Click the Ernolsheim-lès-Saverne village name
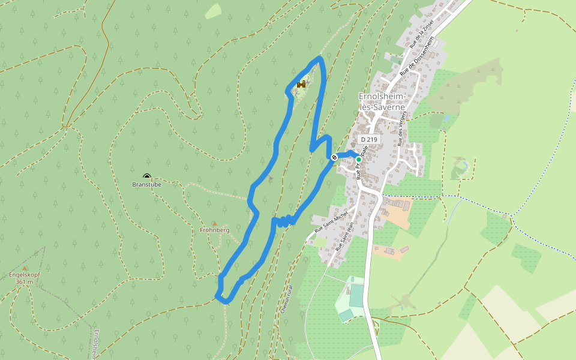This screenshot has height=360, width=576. point(382,101)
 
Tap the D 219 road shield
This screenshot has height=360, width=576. point(369,139)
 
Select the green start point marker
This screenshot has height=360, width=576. point(359,159)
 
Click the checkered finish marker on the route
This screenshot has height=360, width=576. point(334,157)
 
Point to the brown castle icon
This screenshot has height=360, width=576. point(301,85)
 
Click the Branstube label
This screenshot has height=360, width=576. point(146,185)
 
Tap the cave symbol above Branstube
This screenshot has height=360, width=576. point(146,177)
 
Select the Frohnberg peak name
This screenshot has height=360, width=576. point(215,230)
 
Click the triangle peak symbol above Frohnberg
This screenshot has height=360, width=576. point(214,223)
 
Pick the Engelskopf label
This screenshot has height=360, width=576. point(25,275)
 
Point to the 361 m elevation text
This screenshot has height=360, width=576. point(25,281)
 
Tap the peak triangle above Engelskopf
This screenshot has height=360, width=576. point(25,268)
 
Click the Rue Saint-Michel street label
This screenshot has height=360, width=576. point(331,223)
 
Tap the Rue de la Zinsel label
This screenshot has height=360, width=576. point(422,35)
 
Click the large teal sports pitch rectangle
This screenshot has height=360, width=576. point(357,295)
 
